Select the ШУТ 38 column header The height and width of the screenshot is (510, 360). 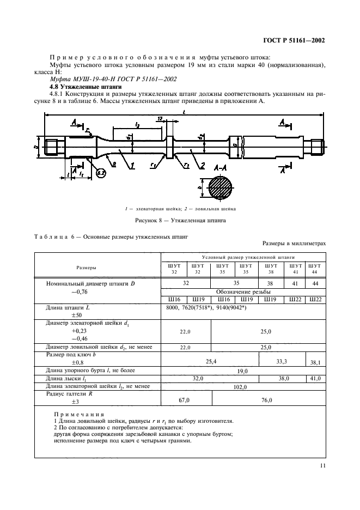270,268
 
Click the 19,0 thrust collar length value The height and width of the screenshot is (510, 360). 243,371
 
